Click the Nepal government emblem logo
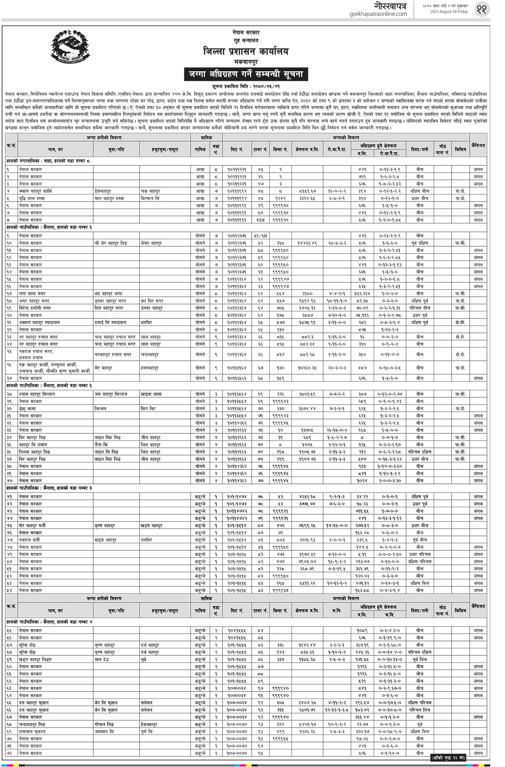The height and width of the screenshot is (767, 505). tap(69, 47)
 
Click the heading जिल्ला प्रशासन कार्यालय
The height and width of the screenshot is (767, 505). tap(246, 52)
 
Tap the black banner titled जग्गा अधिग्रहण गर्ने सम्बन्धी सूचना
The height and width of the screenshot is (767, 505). tap(246, 74)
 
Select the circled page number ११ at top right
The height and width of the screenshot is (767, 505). tap(482, 9)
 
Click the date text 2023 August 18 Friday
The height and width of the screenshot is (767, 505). tap(445, 12)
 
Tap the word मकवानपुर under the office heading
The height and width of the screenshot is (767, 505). tap(246, 62)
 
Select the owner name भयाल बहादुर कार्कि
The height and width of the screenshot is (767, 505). tap(35, 191)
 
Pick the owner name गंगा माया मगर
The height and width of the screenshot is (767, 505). tap(32, 294)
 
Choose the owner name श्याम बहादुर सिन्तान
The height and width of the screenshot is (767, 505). tap(37, 394)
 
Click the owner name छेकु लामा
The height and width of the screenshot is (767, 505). tap(28, 409)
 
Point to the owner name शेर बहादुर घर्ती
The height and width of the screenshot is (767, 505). tap(32, 526)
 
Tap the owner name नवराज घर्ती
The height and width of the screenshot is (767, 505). tap(30, 540)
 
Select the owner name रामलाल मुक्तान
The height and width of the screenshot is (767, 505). tap(32, 732)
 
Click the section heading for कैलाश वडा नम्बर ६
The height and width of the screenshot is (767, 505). tap(49, 227)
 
